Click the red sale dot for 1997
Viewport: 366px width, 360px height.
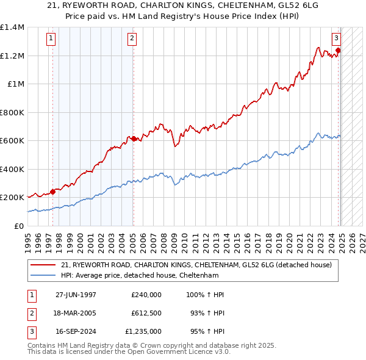tap(53, 192)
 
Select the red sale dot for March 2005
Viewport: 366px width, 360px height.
tap(134, 139)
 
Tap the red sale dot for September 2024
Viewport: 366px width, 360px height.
tap(338, 51)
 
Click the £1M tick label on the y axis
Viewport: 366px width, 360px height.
tap(16, 84)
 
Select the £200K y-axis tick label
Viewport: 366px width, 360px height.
tap(12, 198)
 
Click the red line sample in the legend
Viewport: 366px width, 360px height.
tap(44, 265)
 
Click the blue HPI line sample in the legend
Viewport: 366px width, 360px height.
tap(44, 275)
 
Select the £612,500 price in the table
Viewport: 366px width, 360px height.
tap(146, 313)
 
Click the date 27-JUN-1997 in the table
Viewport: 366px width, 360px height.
tap(76, 295)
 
